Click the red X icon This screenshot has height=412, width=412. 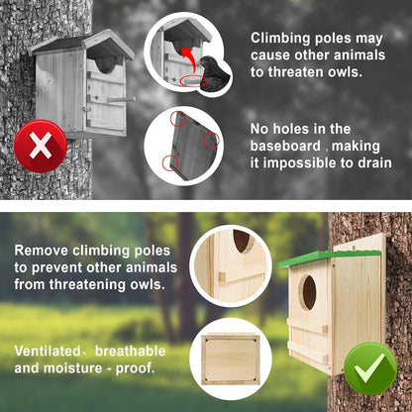pyautogui.click(x=40, y=147)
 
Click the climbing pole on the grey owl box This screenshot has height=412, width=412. pyautogui.click(x=122, y=99)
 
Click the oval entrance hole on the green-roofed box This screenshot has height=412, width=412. pyautogui.click(x=309, y=292)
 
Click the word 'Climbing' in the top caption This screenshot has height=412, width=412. pyautogui.click(x=283, y=37)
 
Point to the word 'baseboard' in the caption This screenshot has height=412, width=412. pyautogui.click(x=287, y=145)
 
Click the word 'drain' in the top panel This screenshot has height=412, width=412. pyautogui.click(x=372, y=162)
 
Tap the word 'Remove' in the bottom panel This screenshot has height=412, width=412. pyautogui.click(x=43, y=251)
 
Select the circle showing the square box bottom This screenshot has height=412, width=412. pyautogui.click(x=231, y=357)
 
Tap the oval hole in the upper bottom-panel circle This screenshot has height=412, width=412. pyautogui.click(x=241, y=241)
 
